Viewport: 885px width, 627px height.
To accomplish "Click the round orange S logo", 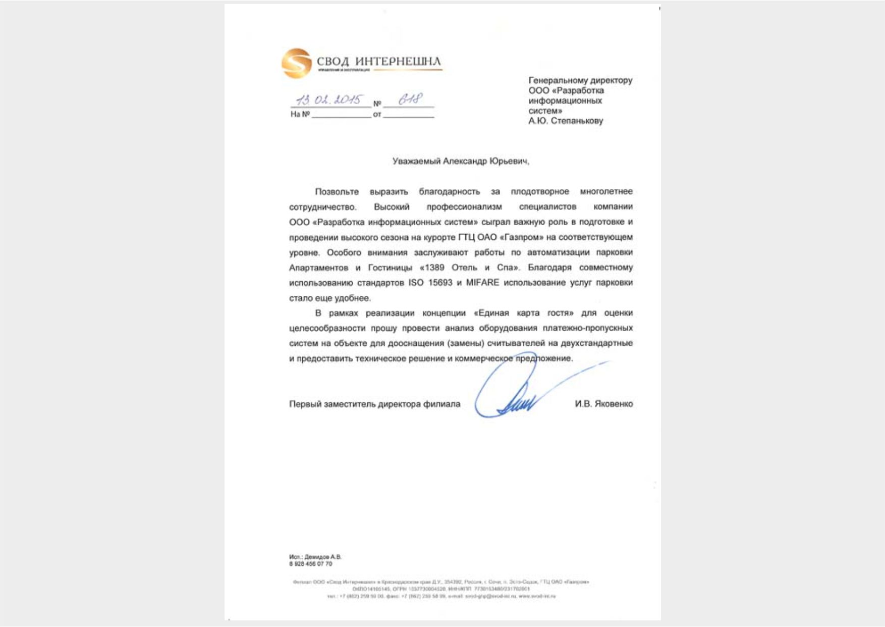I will (x=296, y=63).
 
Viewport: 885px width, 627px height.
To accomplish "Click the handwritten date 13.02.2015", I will (x=331, y=99).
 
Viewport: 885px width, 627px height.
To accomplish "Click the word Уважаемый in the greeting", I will (x=416, y=161).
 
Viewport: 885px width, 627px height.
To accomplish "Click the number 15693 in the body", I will (x=440, y=283).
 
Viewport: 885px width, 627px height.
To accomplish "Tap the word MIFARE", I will (x=482, y=283).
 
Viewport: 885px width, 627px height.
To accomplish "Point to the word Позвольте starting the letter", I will (x=337, y=192).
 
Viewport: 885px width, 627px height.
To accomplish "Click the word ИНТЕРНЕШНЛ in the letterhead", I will (x=398, y=62).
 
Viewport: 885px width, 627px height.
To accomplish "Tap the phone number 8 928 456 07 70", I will (x=311, y=563).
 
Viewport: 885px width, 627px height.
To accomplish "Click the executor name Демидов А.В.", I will (x=323, y=557).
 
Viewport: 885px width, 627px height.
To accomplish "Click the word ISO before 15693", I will (x=416, y=283).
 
